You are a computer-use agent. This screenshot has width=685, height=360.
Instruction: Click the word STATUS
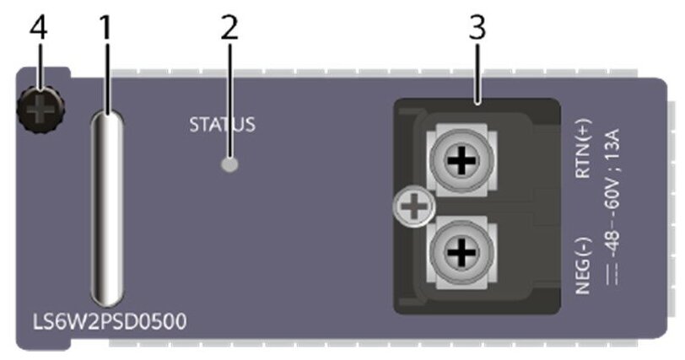(x=222, y=126)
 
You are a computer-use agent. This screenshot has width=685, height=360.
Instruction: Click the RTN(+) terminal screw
(x=459, y=161)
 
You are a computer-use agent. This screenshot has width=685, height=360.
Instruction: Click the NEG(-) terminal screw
(x=461, y=250)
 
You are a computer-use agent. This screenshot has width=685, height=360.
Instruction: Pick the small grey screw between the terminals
(x=412, y=206)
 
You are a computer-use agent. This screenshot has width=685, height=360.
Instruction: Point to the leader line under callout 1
(x=105, y=76)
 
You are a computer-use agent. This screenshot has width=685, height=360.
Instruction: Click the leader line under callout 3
(x=477, y=71)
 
